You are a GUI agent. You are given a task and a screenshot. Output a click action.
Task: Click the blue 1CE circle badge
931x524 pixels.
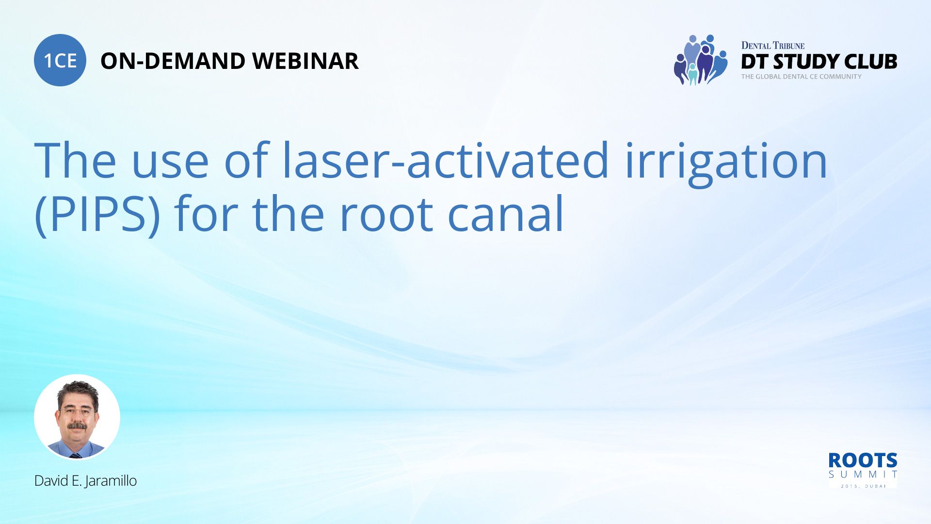(60, 60)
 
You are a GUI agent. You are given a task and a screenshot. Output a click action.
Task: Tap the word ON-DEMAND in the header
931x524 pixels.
(172, 61)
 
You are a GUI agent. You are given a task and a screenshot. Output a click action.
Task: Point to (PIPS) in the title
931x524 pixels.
(97, 214)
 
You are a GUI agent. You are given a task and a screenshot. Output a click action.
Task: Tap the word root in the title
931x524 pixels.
(386, 214)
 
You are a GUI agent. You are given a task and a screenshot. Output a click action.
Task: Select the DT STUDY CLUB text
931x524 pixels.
(819, 62)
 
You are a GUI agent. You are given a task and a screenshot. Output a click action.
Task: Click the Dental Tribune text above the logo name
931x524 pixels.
(772, 46)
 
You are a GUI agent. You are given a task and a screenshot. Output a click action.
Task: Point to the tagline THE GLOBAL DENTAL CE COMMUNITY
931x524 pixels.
(801, 77)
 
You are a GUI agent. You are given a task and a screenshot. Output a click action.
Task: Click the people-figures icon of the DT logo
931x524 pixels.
(700, 60)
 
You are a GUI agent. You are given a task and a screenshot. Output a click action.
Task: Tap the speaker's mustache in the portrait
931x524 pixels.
(77, 426)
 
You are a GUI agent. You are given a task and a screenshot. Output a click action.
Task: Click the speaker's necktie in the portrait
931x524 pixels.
(75, 455)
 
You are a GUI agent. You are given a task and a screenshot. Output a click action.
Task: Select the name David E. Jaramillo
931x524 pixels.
(85, 481)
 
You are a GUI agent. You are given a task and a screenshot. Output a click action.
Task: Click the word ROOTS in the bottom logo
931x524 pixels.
(862, 460)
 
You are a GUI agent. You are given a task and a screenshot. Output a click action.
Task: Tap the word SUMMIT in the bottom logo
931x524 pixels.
(862, 475)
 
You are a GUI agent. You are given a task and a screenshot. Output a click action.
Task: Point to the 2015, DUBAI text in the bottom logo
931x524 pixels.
(863, 486)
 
